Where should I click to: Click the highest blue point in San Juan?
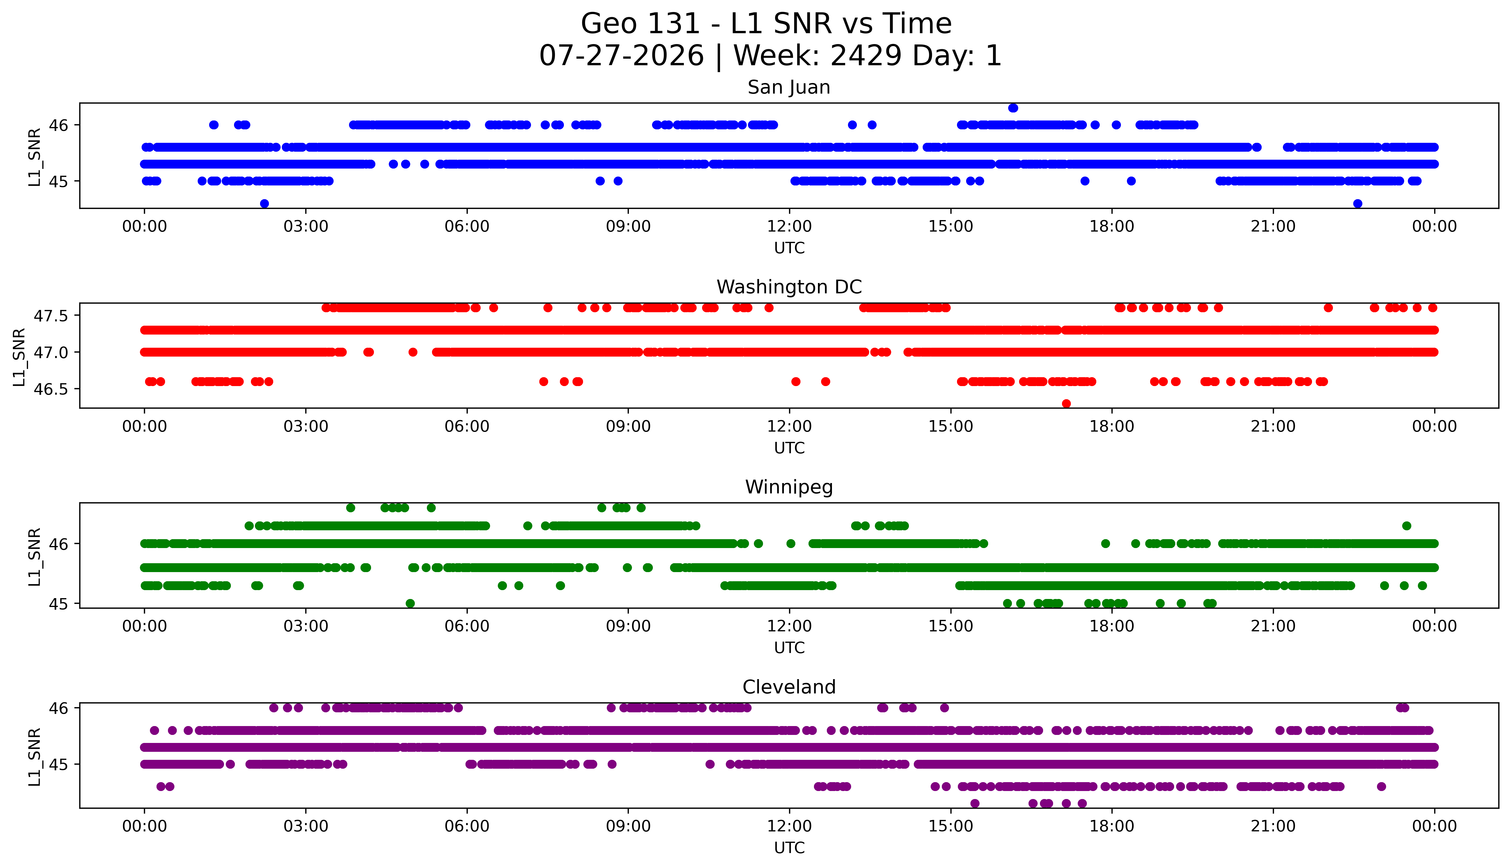coord(1013,108)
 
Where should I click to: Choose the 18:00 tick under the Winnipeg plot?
coord(1112,626)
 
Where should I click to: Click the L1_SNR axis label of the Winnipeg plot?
coord(35,557)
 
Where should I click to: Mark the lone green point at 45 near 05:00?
coord(410,603)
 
